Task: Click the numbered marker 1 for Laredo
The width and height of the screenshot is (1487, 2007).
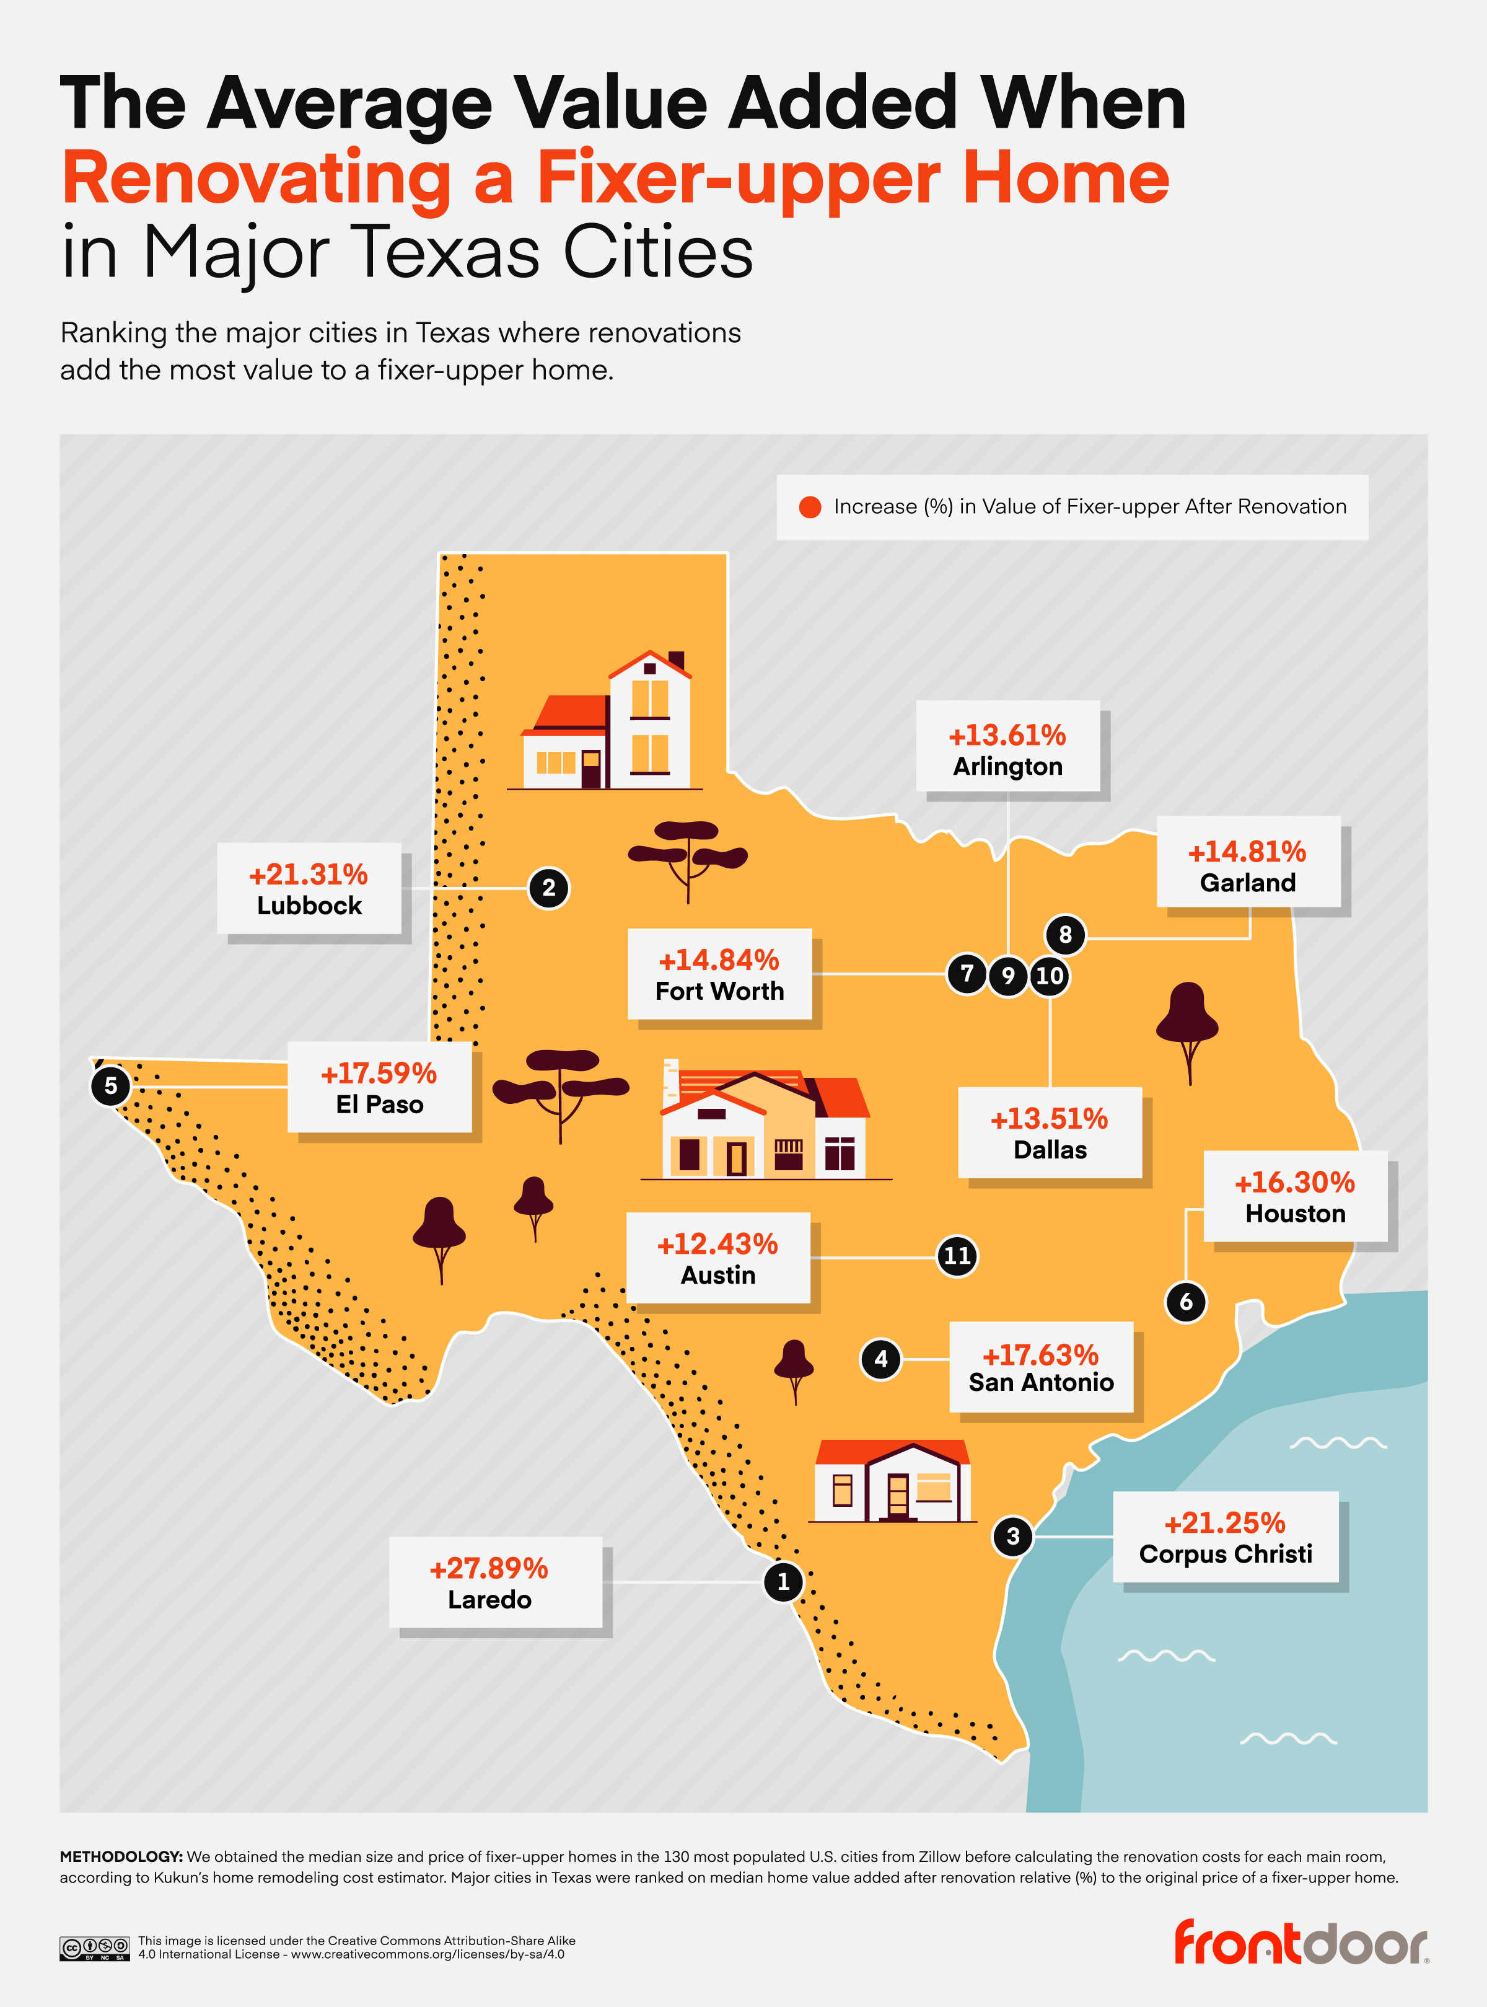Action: (782, 1581)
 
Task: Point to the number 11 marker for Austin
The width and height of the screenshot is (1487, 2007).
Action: (956, 1256)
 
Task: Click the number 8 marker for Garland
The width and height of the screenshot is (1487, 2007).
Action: (1065, 935)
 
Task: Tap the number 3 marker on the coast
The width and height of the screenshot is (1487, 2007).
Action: (1012, 1536)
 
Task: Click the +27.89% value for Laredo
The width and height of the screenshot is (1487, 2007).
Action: (489, 1568)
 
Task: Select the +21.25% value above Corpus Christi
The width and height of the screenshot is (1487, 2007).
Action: (1224, 1522)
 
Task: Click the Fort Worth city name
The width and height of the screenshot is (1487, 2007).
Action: (719, 991)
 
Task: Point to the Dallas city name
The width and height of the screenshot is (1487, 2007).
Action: (1050, 1150)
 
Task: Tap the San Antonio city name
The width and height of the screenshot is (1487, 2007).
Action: (1040, 1382)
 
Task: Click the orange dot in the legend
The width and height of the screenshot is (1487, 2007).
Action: (809, 507)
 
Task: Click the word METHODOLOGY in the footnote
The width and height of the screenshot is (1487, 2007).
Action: (121, 1856)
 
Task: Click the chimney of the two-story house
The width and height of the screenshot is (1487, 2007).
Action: (676, 660)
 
